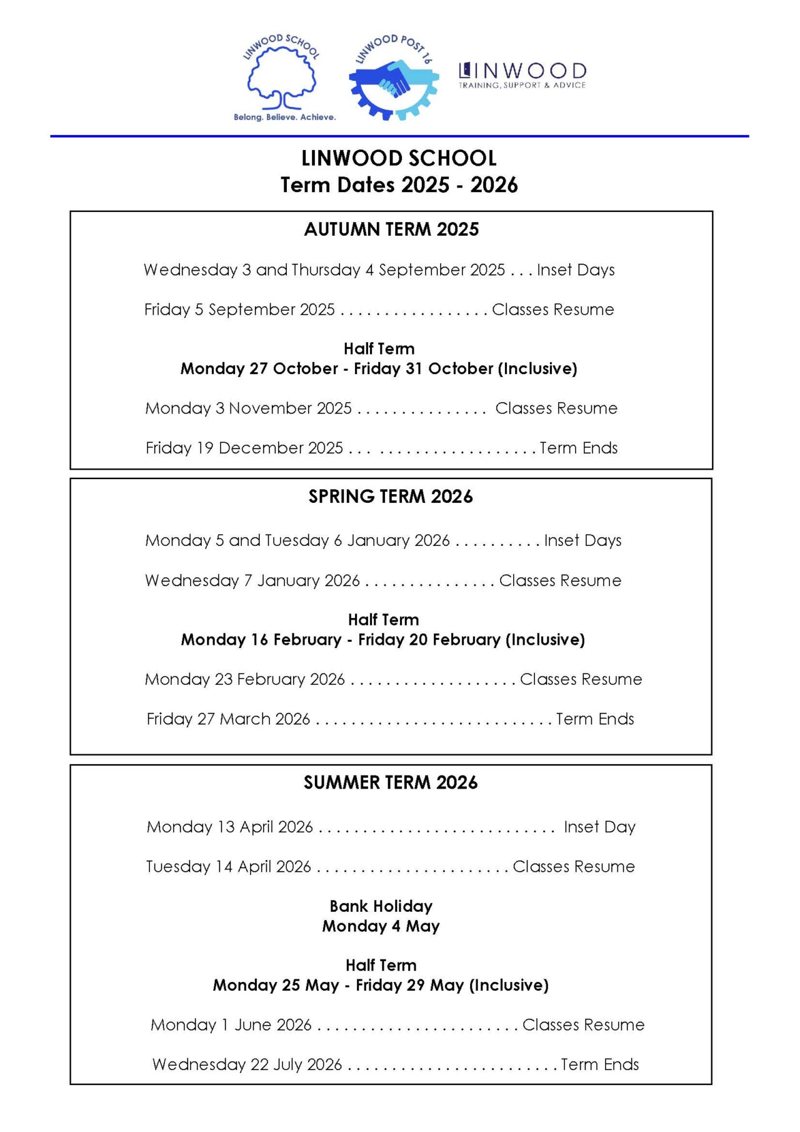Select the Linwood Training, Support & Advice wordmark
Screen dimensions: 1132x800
pos(522,75)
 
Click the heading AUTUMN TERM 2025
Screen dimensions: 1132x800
pos(391,230)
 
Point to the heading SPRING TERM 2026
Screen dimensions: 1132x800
pos(391,497)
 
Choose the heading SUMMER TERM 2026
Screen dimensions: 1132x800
pos(391,782)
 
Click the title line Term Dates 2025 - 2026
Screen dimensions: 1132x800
pos(399,185)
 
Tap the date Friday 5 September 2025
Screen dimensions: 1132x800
pos(239,310)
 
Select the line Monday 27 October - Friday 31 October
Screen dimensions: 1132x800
pos(379,369)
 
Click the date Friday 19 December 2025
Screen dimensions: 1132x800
pos(244,448)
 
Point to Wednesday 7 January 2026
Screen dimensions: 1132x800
pos(252,580)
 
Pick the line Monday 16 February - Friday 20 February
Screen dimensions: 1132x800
pos(382,640)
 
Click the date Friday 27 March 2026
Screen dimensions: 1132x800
pos(228,719)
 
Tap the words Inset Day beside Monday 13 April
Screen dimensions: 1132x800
pos(599,827)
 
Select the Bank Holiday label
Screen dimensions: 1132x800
pos(381,906)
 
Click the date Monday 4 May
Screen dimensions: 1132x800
pos(381,926)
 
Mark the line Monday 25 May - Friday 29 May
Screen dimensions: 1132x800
pos(381,986)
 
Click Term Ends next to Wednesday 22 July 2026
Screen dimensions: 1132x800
pos(600,1064)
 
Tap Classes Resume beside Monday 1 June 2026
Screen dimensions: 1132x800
pos(583,1025)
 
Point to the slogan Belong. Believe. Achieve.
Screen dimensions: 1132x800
pos(284,117)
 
